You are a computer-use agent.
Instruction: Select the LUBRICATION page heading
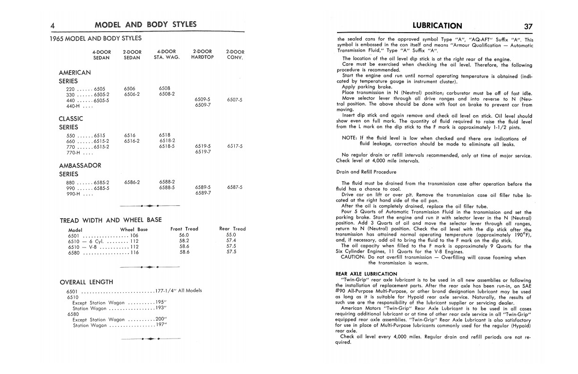pyautogui.click(x=437, y=26)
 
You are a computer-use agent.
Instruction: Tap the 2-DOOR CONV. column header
pyautogui.click(x=235, y=54)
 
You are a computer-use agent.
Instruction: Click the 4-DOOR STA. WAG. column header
pyautogui.click(x=167, y=54)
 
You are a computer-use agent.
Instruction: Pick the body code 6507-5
pyautogui.click(x=235, y=100)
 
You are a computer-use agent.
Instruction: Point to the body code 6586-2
pyautogui.click(x=131, y=182)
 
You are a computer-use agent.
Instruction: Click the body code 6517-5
pyautogui.click(x=235, y=146)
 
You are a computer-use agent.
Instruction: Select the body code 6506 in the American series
pyautogui.click(x=129, y=88)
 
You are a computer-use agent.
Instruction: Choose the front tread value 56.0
pyautogui.click(x=184, y=235)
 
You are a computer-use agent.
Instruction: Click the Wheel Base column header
pyautogui.click(x=134, y=229)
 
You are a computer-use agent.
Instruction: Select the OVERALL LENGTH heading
pyautogui.click(x=86, y=282)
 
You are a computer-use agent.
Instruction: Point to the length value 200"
pyautogui.click(x=161, y=320)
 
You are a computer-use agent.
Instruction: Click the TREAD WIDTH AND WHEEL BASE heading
pyautogui.click(x=110, y=220)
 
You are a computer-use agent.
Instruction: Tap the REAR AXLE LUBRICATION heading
pyautogui.click(x=366, y=274)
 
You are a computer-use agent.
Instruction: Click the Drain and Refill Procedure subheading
pyautogui.click(x=366, y=172)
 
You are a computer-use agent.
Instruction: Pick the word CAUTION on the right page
pyautogui.click(x=353, y=258)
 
